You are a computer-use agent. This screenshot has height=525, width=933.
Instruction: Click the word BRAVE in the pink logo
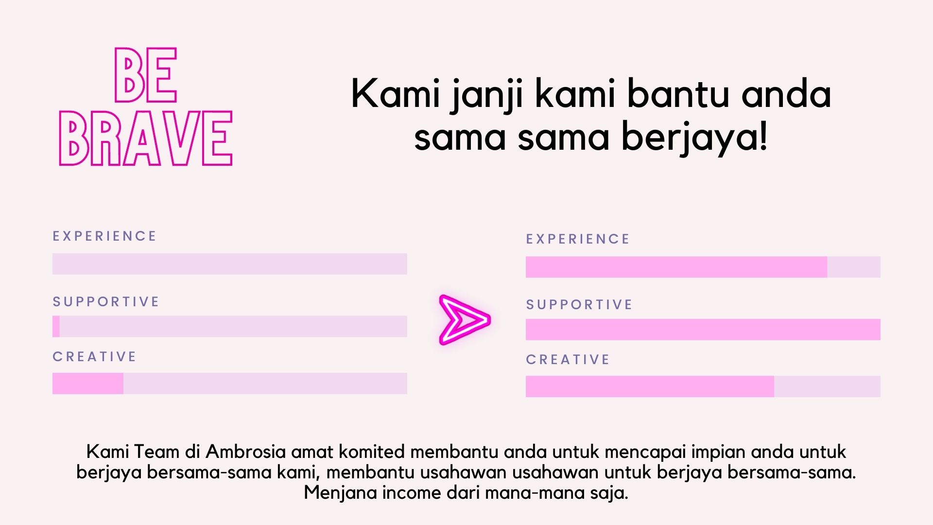click(x=146, y=138)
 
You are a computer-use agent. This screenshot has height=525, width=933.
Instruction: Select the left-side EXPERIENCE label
click(x=104, y=236)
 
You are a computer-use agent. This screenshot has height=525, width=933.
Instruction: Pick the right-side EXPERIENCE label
click(x=578, y=239)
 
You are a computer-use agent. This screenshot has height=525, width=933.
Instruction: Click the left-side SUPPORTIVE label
click(x=106, y=302)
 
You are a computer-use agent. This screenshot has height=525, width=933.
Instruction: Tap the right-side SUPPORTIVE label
click(x=579, y=305)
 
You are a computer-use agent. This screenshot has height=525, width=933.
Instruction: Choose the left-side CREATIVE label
click(x=94, y=357)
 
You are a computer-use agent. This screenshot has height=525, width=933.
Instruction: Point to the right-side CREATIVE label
click(x=568, y=360)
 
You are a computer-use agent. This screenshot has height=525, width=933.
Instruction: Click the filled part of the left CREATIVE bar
click(x=88, y=384)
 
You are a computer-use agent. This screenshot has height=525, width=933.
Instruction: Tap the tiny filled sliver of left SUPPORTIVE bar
click(x=56, y=327)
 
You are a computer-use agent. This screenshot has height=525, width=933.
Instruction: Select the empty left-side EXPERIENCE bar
click(x=230, y=264)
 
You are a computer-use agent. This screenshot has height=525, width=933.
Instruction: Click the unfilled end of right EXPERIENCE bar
click(x=854, y=267)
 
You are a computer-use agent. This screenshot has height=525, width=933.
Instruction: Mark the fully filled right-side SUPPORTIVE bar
click(x=703, y=330)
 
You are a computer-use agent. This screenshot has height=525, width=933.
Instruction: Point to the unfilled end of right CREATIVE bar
click(x=827, y=386)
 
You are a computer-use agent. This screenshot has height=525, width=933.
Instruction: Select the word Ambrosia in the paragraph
click(x=245, y=452)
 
